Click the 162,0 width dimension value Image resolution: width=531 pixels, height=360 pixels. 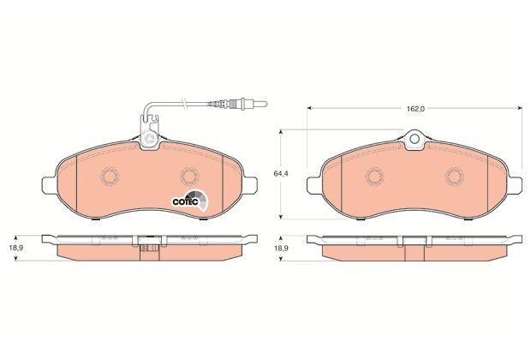415,109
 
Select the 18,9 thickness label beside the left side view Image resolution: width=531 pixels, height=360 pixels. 16,248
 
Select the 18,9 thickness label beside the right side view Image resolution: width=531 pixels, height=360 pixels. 281,248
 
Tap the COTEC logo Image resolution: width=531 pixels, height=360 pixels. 189,201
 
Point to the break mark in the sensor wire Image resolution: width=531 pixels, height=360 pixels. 184,103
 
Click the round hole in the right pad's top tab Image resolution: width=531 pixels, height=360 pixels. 415,139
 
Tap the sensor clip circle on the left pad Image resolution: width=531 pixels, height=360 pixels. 149,139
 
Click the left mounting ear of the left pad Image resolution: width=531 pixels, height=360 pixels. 49,185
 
